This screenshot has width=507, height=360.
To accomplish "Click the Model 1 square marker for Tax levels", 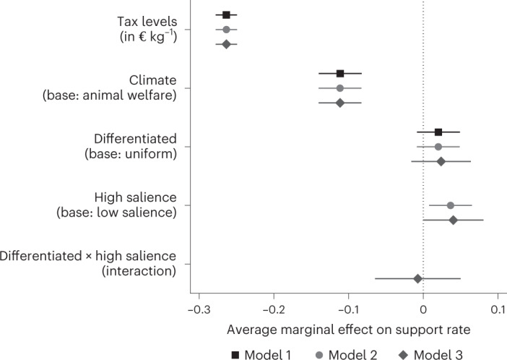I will [x=226, y=15].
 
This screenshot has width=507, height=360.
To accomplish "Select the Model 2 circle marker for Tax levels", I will [x=226, y=30].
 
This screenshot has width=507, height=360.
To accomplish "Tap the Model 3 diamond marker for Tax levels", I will [x=226, y=44].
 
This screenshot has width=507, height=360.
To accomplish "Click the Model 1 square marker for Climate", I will [x=340, y=74].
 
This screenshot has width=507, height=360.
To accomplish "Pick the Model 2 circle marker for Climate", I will [x=340, y=88].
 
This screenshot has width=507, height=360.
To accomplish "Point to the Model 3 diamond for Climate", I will [x=340, y=103].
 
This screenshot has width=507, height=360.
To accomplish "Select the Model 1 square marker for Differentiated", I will [x=438, y=132].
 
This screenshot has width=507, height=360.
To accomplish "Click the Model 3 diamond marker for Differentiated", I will [x=441, y=161].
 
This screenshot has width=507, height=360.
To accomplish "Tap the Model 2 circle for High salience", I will [x=451, y=205].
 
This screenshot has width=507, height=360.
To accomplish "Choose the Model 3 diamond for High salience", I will [x=454, y=220].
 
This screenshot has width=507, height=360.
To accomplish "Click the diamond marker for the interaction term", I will [x=417, y=278].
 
